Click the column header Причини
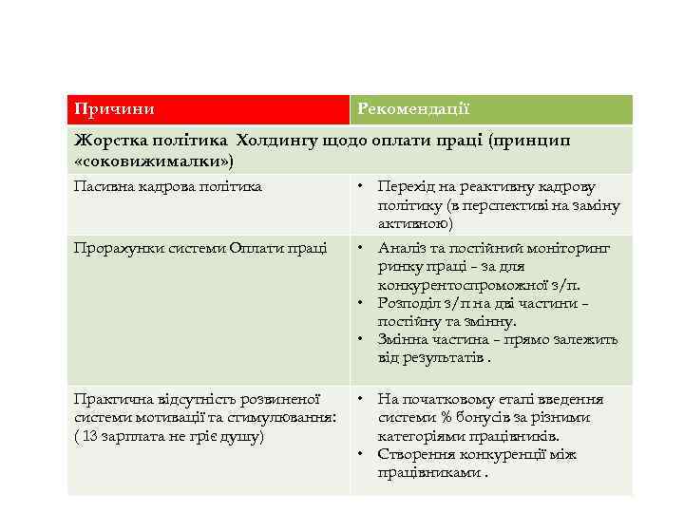[x=115, y=110]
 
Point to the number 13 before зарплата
[x=90, y=436]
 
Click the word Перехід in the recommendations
[x=404, y=187]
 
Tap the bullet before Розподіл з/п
[x=362, y=303]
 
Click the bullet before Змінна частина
[x=362, y=340]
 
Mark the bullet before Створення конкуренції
[x=362, y=454]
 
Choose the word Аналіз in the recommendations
[x=402, y=248]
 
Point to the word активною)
[x=415, y=224]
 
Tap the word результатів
[x=441, y=358]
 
